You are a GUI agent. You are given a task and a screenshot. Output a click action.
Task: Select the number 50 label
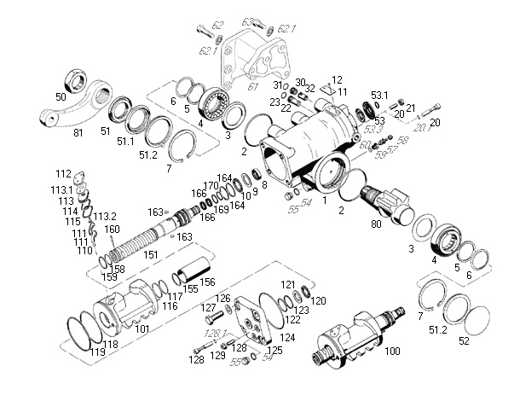(60, 97)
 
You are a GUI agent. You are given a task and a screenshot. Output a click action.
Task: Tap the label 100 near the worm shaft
(393, 352)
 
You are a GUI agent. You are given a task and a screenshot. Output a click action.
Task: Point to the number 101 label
(142, 328)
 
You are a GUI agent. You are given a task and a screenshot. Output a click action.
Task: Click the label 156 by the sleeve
(207, 281)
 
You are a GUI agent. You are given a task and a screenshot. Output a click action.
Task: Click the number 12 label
(337, 79)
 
